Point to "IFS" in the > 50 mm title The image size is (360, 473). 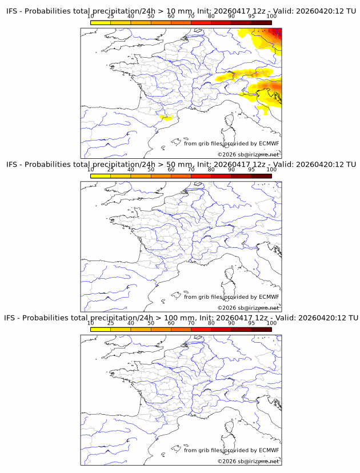point(13,165)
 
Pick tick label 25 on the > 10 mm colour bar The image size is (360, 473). point(111,16)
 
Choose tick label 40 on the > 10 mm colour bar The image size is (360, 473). point(131,16)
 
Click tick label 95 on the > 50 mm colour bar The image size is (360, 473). point(251,170)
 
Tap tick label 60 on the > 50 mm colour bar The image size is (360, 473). point(171,170)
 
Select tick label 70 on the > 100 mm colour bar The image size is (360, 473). point(191,323)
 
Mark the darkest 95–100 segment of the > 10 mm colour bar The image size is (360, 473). point(261,22)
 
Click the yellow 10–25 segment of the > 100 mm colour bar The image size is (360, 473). point(101,329)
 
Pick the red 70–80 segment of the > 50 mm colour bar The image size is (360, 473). point(201,176)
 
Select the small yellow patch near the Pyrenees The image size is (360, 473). point(166,118)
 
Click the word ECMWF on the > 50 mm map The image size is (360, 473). point(269,297)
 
